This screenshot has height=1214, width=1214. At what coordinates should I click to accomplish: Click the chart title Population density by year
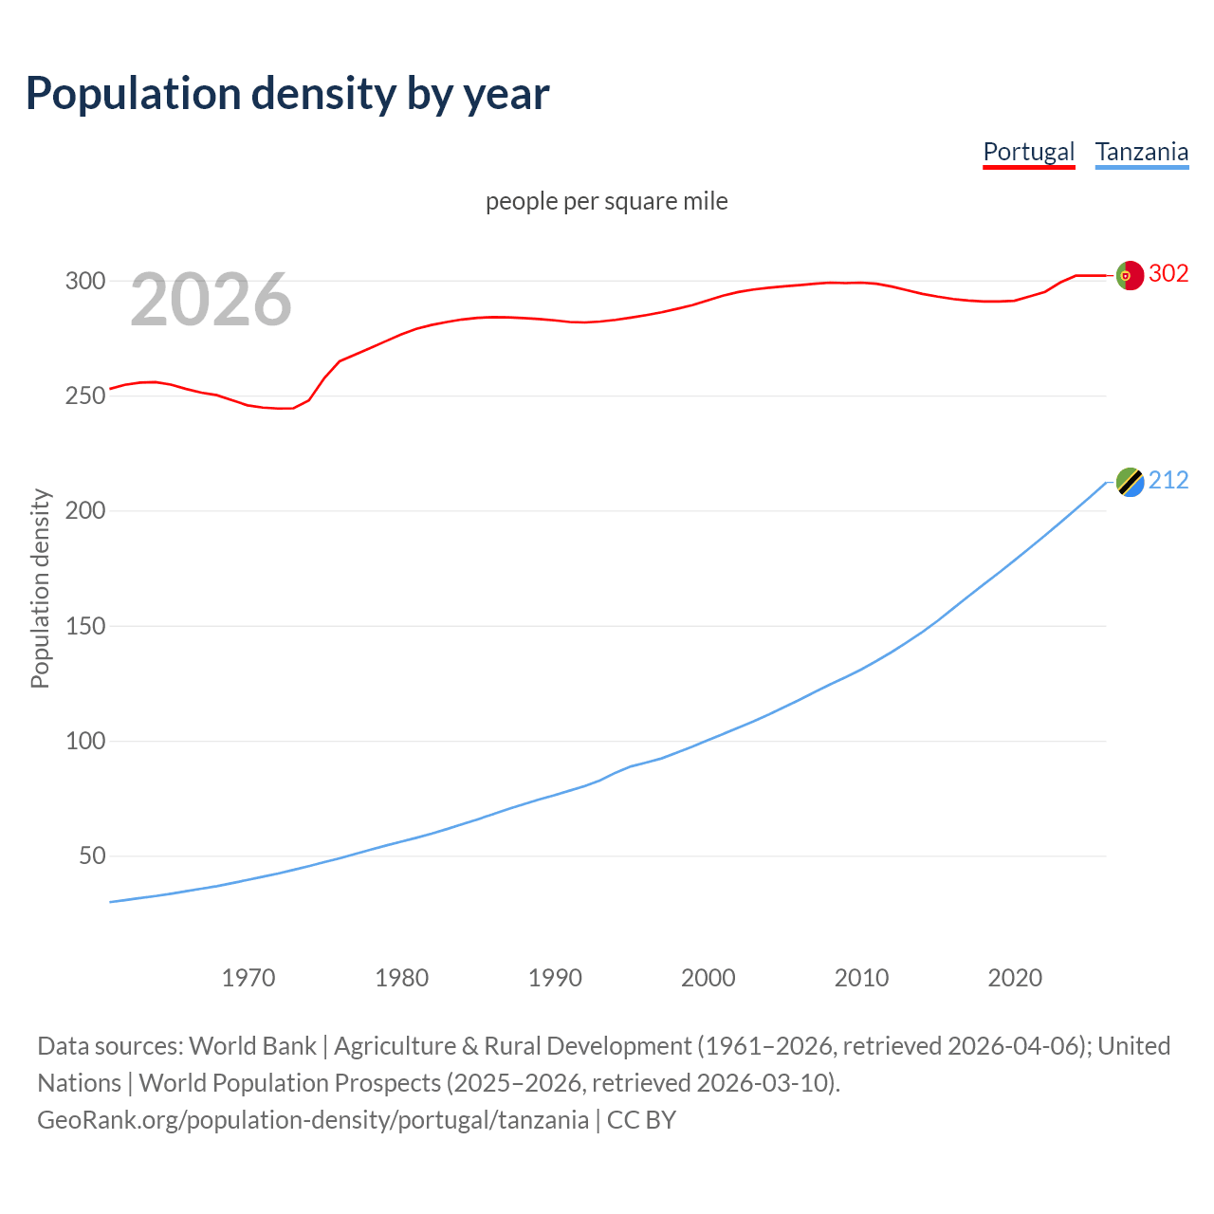287,94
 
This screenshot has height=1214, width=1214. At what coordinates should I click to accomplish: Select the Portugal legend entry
1028,152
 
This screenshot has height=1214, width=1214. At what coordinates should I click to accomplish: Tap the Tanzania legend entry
1141,152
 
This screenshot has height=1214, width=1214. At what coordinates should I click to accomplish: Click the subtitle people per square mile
606,201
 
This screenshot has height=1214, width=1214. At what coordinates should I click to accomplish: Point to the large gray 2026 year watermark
211,300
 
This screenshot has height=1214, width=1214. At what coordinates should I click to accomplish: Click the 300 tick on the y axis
84,281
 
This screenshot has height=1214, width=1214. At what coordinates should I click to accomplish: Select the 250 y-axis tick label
84,395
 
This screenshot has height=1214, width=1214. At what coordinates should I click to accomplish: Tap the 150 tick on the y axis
84,626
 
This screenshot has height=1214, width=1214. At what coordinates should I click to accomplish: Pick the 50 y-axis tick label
92,855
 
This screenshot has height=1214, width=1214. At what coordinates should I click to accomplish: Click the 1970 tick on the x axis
248,978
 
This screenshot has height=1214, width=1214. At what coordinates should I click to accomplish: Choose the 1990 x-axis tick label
555,978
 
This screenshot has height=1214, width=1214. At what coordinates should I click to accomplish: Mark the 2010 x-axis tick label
861,978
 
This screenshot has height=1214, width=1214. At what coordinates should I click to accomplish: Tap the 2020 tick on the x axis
1015,978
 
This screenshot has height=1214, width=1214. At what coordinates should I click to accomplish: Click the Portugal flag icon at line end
1130,275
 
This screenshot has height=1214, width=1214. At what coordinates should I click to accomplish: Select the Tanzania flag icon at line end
1130,482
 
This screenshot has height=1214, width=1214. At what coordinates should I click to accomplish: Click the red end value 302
1168,273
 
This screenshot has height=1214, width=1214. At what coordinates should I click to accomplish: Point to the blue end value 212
1168,481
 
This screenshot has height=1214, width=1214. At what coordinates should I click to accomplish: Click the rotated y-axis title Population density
40,588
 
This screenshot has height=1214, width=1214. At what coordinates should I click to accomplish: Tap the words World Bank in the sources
252,1046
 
